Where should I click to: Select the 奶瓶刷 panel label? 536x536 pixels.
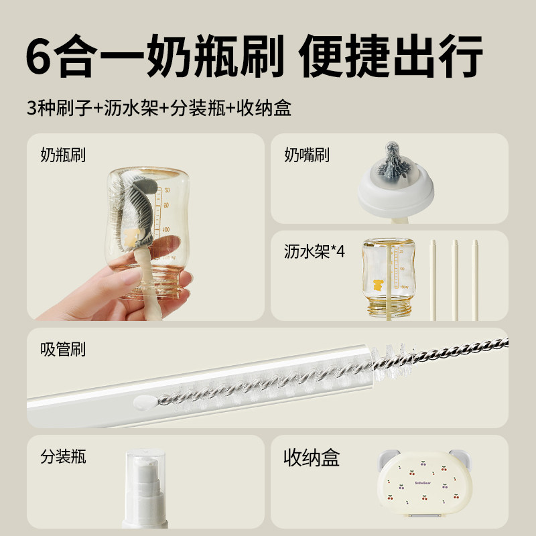pos(63,155)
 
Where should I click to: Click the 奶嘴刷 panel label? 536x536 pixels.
pos(307,155)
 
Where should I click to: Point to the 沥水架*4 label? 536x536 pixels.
pos(314,253)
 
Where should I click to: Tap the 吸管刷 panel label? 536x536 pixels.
pos(63,349)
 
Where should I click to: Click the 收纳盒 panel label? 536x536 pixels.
pos(311,458)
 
